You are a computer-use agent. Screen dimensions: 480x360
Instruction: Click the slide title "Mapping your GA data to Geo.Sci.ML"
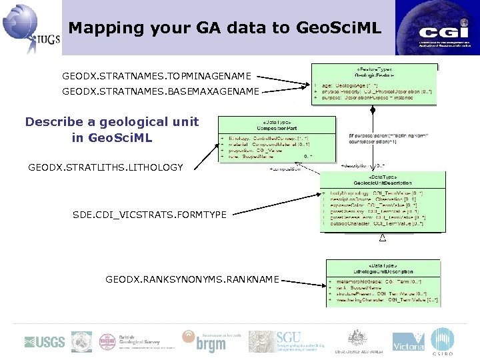click(225, 28)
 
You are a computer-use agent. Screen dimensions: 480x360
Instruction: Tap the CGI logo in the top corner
click(437, 27)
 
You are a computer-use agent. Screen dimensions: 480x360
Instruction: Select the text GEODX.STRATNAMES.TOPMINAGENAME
click(157, 77)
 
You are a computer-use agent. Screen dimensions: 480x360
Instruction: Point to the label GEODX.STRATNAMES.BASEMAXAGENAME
click(161, 91)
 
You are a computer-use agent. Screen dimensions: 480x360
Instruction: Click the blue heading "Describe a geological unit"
click(112, 122)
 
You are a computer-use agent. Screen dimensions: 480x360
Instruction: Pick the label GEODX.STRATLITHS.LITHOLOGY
click(105, 167)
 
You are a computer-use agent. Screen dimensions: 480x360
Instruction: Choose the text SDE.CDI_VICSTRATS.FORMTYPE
click(149, 214)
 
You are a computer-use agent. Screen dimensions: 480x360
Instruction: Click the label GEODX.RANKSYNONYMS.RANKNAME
click(192, 279)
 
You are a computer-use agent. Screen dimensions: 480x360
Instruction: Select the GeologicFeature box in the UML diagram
click(374, 84)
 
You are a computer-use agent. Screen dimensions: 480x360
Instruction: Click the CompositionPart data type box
click(277, 141)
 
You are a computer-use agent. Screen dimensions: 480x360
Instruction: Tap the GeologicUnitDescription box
click(382, 202)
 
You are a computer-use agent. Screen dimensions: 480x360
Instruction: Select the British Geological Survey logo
click(129, 342)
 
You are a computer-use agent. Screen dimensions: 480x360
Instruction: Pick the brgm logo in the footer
click(204, 341)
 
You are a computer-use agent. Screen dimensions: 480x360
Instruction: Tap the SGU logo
click(271, 341)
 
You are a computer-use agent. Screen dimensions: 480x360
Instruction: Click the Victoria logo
click(408, 341)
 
